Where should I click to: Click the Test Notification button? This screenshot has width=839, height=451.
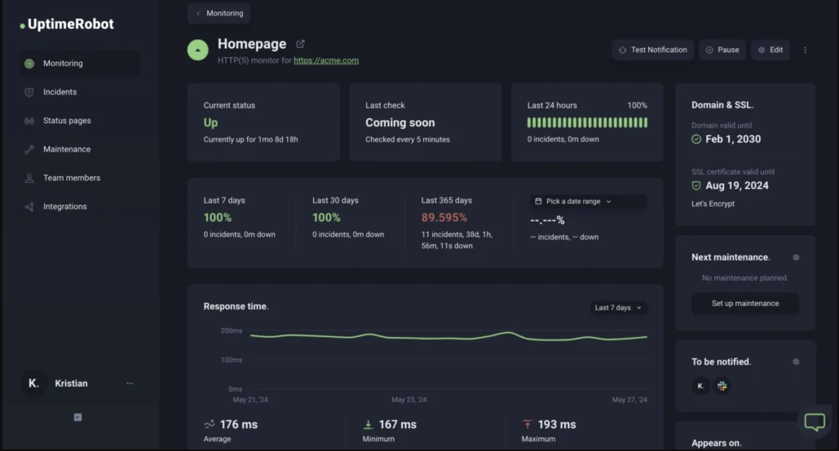pyautogui.click(x=652, y=50)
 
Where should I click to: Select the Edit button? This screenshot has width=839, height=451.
pyautogui.click(x=770, y=50)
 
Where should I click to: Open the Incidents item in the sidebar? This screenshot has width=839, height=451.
pyautogui.click(x=60, y=92)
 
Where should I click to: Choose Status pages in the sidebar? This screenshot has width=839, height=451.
pyautogui.click(x=67, y=120)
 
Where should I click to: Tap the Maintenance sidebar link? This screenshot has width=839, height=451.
pyautogui.click(x=67, y=149)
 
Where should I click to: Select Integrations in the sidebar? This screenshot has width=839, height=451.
pyautogui.click(x=64, y=206)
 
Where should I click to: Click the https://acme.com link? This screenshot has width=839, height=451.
pyautogui.click(x=326, y=60)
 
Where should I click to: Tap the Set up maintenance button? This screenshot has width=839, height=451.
pyautogui.click(x=744, y=303)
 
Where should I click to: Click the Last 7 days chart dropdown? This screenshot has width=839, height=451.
pyautogui.click(x=618, y=308)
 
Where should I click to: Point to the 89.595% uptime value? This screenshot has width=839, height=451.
pyautogui.click(x=444, y=217)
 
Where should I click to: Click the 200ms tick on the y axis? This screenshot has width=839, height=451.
pyautogui.click(x=231, y=331)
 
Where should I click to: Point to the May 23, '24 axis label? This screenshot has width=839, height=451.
pyautogui.click(x=408, y=400)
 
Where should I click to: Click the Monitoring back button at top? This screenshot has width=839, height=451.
pyautogui.click(x=219, y=13)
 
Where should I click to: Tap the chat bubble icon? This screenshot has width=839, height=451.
pyautogui.click(x=815, y=421)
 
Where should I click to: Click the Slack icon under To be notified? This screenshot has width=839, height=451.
pyautogui.click(x=722, y=386)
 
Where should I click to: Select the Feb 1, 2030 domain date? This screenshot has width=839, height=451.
pyautogui.click(x=733, y=139)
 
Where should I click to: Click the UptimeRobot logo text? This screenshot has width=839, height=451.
pyautogui.click(x=70, y=24)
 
